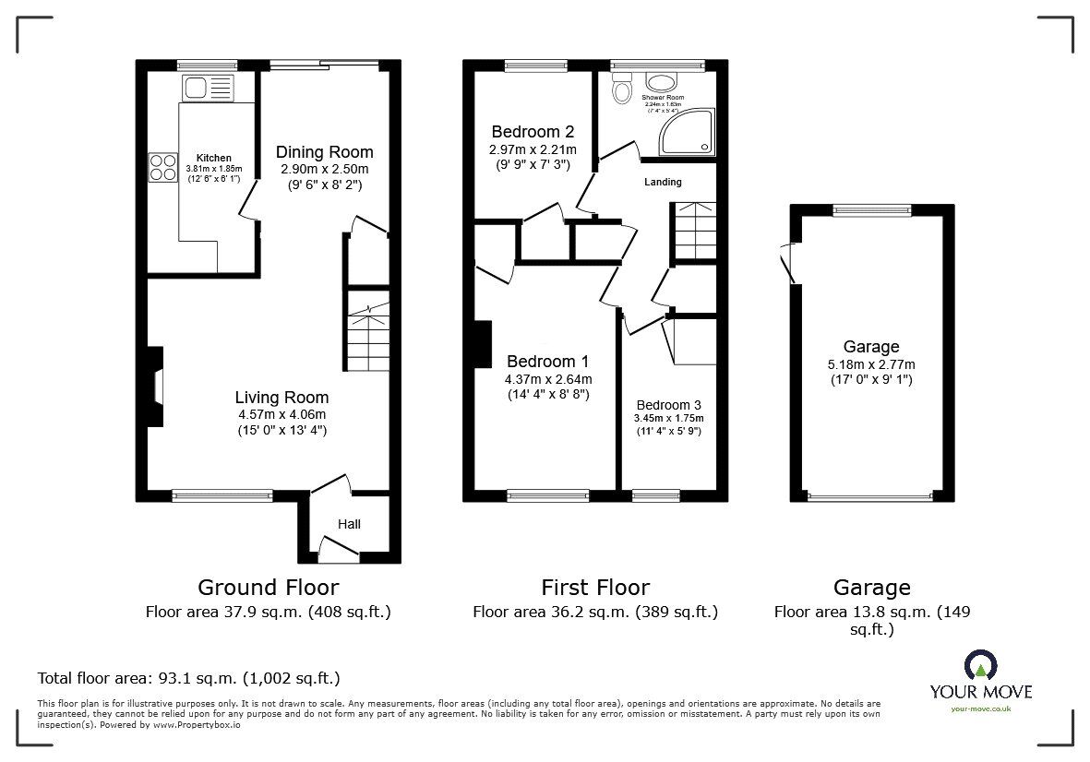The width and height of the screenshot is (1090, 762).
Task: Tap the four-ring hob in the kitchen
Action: (162, 167)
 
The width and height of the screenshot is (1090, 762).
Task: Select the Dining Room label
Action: (325, 152)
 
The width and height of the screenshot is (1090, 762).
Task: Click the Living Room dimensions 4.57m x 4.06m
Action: (281, 414)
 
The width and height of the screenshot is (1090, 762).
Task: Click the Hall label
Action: (349, 524)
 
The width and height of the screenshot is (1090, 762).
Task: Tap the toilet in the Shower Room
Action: (622, 89)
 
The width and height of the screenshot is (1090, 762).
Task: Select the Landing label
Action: (663, 182)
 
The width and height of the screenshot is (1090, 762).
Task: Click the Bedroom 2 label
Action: (533, 131)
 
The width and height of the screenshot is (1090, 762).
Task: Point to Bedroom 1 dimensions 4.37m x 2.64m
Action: (547, 378)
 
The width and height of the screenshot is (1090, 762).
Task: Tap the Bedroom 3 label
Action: (668, 405)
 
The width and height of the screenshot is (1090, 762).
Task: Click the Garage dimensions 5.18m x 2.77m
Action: (871, 364)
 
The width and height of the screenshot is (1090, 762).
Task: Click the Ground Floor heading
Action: (269, 588)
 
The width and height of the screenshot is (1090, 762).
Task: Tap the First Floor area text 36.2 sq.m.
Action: (595, 612)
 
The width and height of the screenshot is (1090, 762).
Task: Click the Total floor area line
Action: (189, 678)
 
